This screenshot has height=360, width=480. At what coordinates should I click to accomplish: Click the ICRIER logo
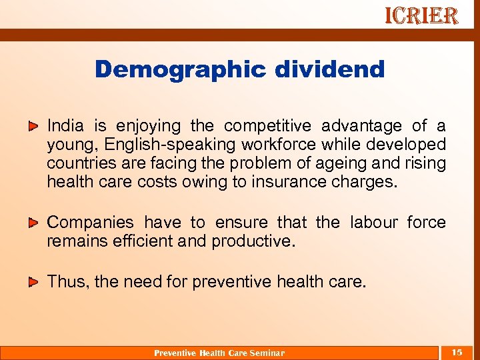click(421, 16)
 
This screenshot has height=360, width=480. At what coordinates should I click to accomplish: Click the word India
click(65, 126)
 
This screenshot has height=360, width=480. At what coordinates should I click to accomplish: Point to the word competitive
click(269, 126)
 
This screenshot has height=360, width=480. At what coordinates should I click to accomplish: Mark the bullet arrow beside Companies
click(33, 222)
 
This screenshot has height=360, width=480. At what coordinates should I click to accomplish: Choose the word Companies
click(90, 222)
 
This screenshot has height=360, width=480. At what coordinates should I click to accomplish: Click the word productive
click(253, 241)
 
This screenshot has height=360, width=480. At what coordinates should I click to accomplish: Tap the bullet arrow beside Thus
click(33, 282)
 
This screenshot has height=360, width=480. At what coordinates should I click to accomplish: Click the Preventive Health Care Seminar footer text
click(219, 353)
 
